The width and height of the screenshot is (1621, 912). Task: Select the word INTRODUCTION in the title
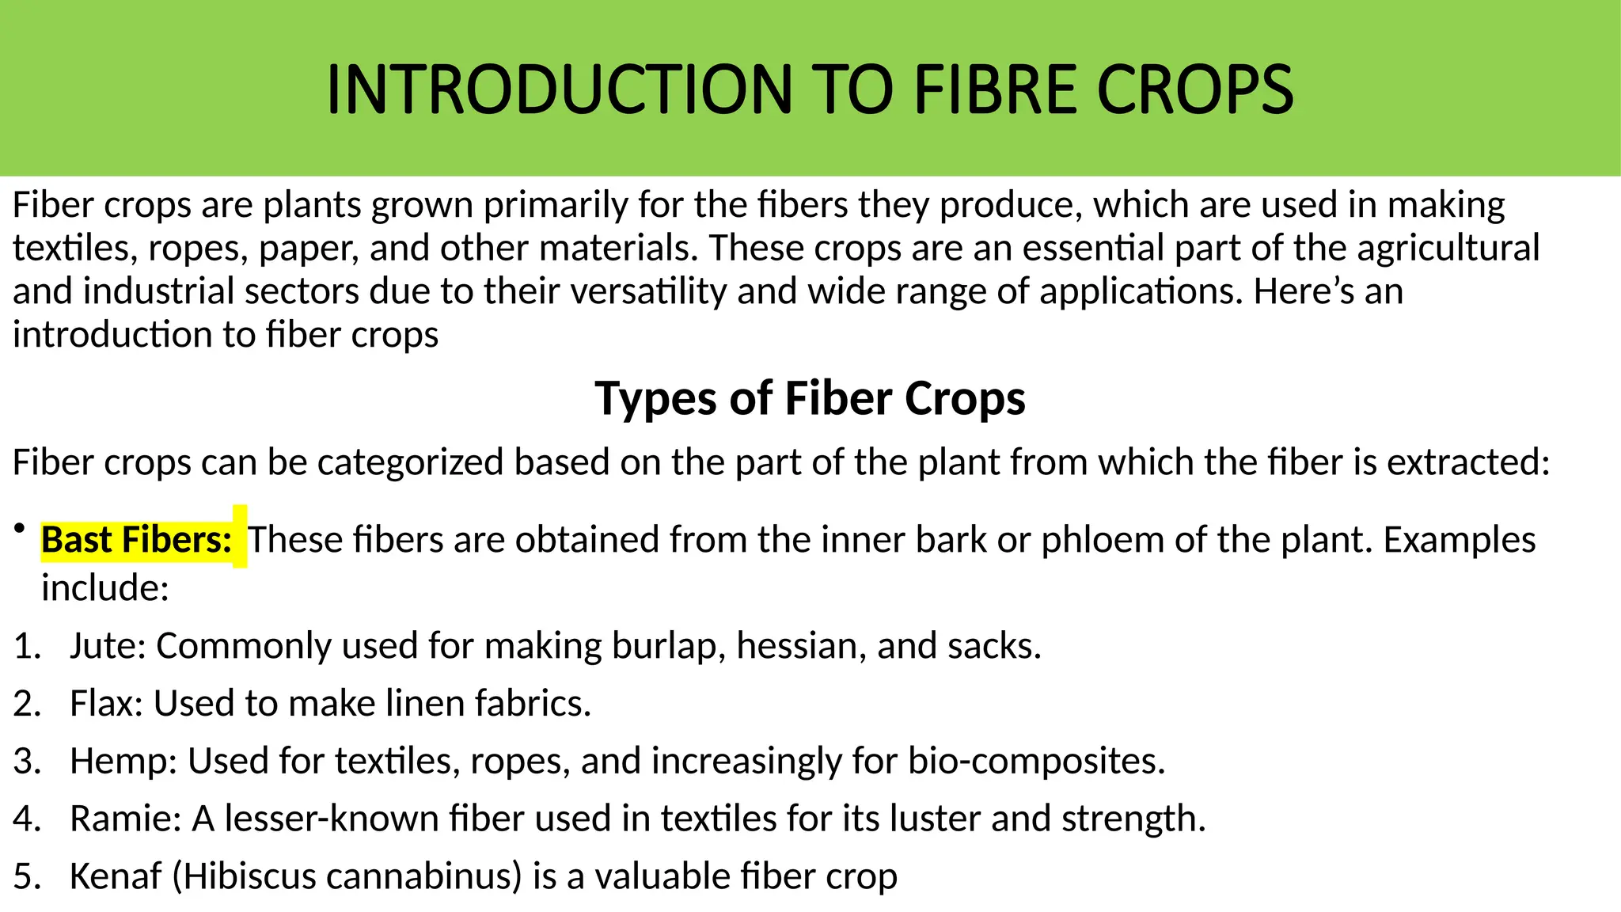click(559, 89)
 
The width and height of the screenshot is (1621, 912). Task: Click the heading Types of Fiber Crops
click(810, 398)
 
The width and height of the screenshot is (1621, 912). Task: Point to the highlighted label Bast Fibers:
click(136, 540)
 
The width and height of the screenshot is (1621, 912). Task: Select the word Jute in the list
click(102, 646)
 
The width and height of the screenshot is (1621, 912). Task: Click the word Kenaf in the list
click(115, 876)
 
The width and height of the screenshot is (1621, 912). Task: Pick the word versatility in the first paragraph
click(648, 291)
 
